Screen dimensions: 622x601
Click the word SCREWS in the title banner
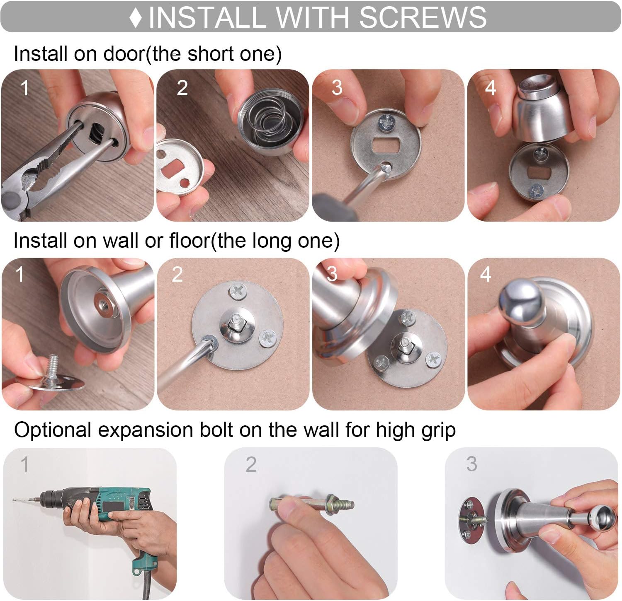point(423,17)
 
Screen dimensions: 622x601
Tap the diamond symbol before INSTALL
point(136,18)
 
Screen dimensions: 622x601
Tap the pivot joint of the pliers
point(29,182)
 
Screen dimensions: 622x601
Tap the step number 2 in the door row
point(182,88)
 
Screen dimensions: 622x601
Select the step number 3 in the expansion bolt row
point(471,464)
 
